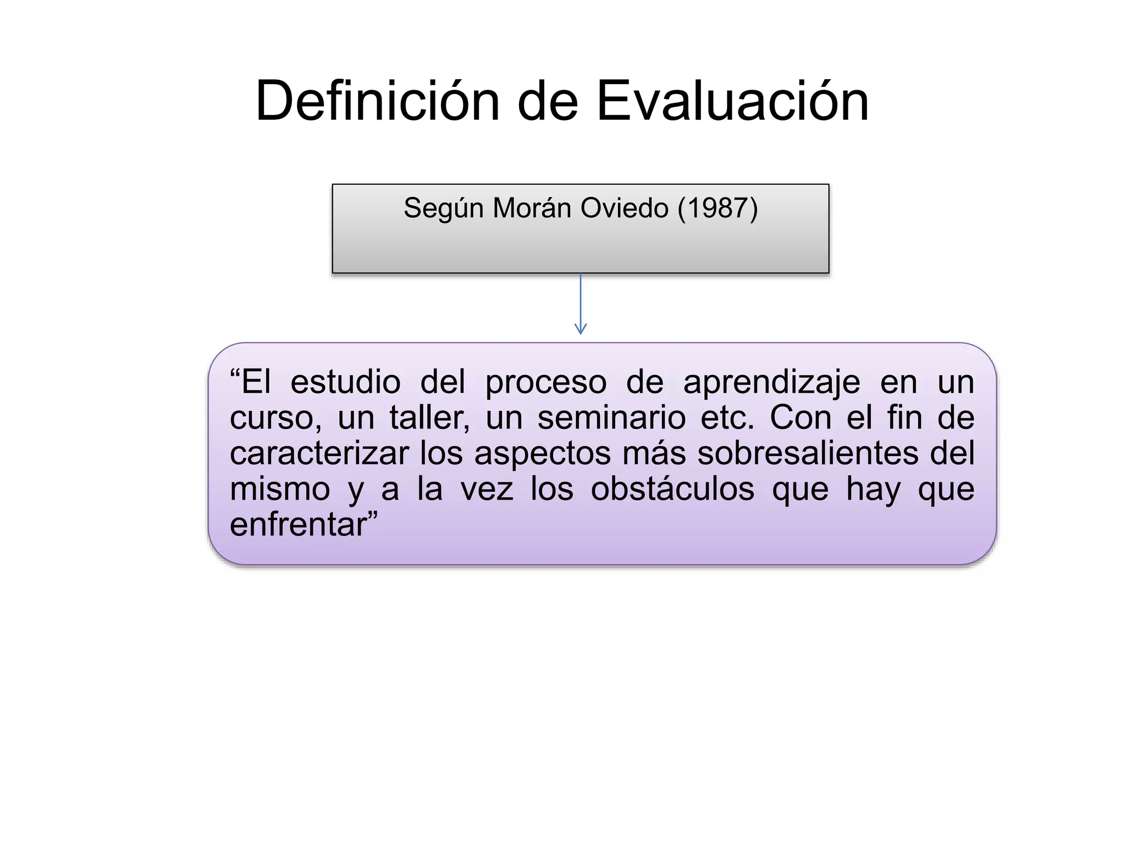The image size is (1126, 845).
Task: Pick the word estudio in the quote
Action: [x=345, y=382]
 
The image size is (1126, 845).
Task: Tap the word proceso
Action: [x=545, y=383]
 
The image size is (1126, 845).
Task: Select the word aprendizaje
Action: [x=771, y=383]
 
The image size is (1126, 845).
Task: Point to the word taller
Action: [x=429, y=418]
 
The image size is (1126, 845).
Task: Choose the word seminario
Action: [x=611, y=418]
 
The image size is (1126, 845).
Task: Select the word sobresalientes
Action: [x=808, y=453]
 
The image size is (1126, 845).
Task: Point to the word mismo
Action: [x=280, y=489]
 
